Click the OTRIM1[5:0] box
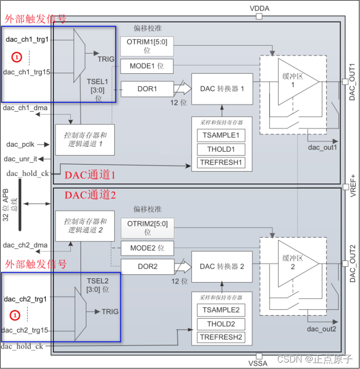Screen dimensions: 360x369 [x=147, y=46]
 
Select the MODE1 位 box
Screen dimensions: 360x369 [x=147, y=66]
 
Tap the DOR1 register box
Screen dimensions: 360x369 [x=147, y=89]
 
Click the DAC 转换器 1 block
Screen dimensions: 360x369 [x=222, y=89]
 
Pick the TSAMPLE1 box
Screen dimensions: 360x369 [x=221, y=135]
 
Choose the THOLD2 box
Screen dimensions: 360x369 [x=221, y=324]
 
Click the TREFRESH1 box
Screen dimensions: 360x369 [x=221, y=163]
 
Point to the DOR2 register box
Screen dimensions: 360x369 [x=147, y=267]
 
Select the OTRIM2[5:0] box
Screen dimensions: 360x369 [x=147, y=228]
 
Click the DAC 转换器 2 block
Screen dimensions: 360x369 [x=222, y=267]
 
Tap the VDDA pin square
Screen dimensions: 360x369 [x=259, y=16]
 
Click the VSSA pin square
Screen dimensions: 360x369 [x=259, y=356]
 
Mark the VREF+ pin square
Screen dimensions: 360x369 [x=346, y=187]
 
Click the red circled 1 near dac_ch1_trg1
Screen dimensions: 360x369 [x=17, y=57]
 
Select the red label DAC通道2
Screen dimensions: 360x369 [x=90, y=195]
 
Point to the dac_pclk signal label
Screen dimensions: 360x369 [x=20, y=144]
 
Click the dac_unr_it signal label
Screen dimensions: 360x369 [x=20, y=159]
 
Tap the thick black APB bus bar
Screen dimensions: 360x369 [x=20, y=205]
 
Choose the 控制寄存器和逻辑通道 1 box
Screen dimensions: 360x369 [x=85, y=140]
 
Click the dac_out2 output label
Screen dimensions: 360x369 [x=322, y=329]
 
